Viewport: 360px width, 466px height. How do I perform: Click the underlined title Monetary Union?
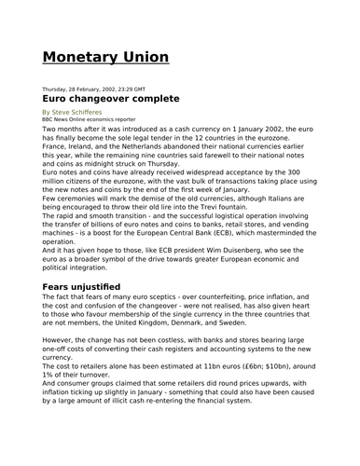tap(106, 58)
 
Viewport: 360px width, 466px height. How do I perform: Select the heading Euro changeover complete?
tap(116, 98)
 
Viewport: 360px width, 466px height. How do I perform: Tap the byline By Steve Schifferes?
tap(75, 111)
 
